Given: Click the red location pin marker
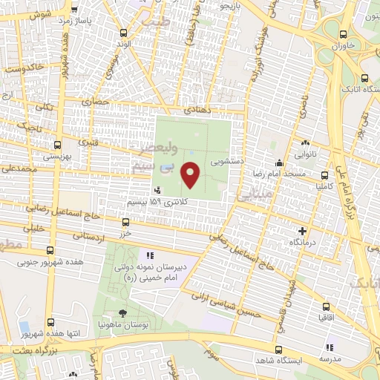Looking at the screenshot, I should pos(191,174).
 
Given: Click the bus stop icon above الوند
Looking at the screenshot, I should pos(123,33).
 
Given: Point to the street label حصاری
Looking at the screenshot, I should pos(96,101).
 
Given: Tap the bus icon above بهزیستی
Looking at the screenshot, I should pos(57,145).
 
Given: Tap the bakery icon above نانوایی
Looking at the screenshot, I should pos(305,143).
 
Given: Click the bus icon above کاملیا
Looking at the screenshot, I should pos(324,177).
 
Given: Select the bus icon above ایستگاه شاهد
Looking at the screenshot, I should pos(278,350).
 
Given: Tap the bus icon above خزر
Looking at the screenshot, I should pos(125,221).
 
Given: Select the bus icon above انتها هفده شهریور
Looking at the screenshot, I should pos(51,322).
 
